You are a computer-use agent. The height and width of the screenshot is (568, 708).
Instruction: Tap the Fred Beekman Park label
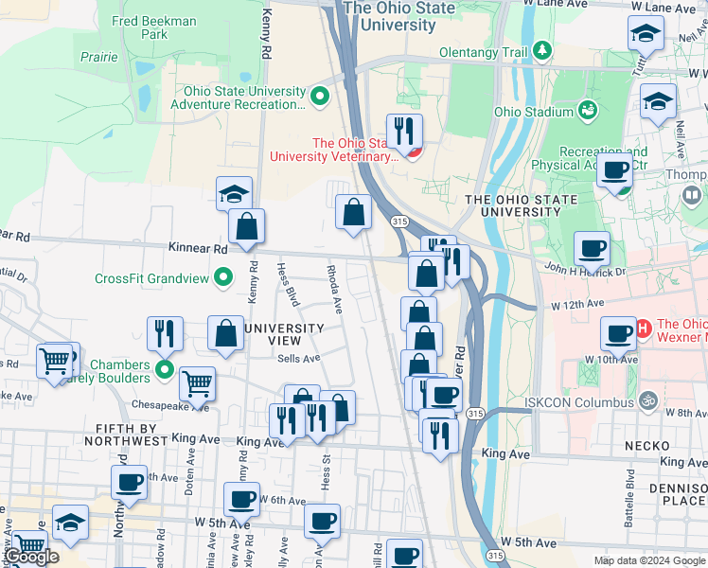(x=154, y=27)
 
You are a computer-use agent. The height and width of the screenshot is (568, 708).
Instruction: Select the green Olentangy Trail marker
(x=543, y=49)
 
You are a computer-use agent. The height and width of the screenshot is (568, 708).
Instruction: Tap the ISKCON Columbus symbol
(x=648, y=401)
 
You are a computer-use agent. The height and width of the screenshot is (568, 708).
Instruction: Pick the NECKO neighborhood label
(x=647, y=444)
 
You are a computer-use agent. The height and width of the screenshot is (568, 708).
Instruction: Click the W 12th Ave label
(x=576, y=307)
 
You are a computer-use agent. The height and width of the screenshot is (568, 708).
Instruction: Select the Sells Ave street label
(x=299, y=359)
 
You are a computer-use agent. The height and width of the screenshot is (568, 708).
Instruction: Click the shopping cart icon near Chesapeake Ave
(x=197, y=383)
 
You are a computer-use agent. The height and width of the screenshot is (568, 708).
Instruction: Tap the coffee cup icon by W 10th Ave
(x=618, y=333)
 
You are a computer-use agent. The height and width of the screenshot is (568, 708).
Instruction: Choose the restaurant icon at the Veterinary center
(x=405, y=131)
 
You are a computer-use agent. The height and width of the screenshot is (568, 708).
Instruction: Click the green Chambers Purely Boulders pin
(x=165, y=369)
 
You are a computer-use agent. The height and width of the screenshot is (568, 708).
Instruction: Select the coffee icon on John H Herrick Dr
(x=592, y=249)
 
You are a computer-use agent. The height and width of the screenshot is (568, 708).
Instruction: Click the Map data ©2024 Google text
(x=647, y=559)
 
